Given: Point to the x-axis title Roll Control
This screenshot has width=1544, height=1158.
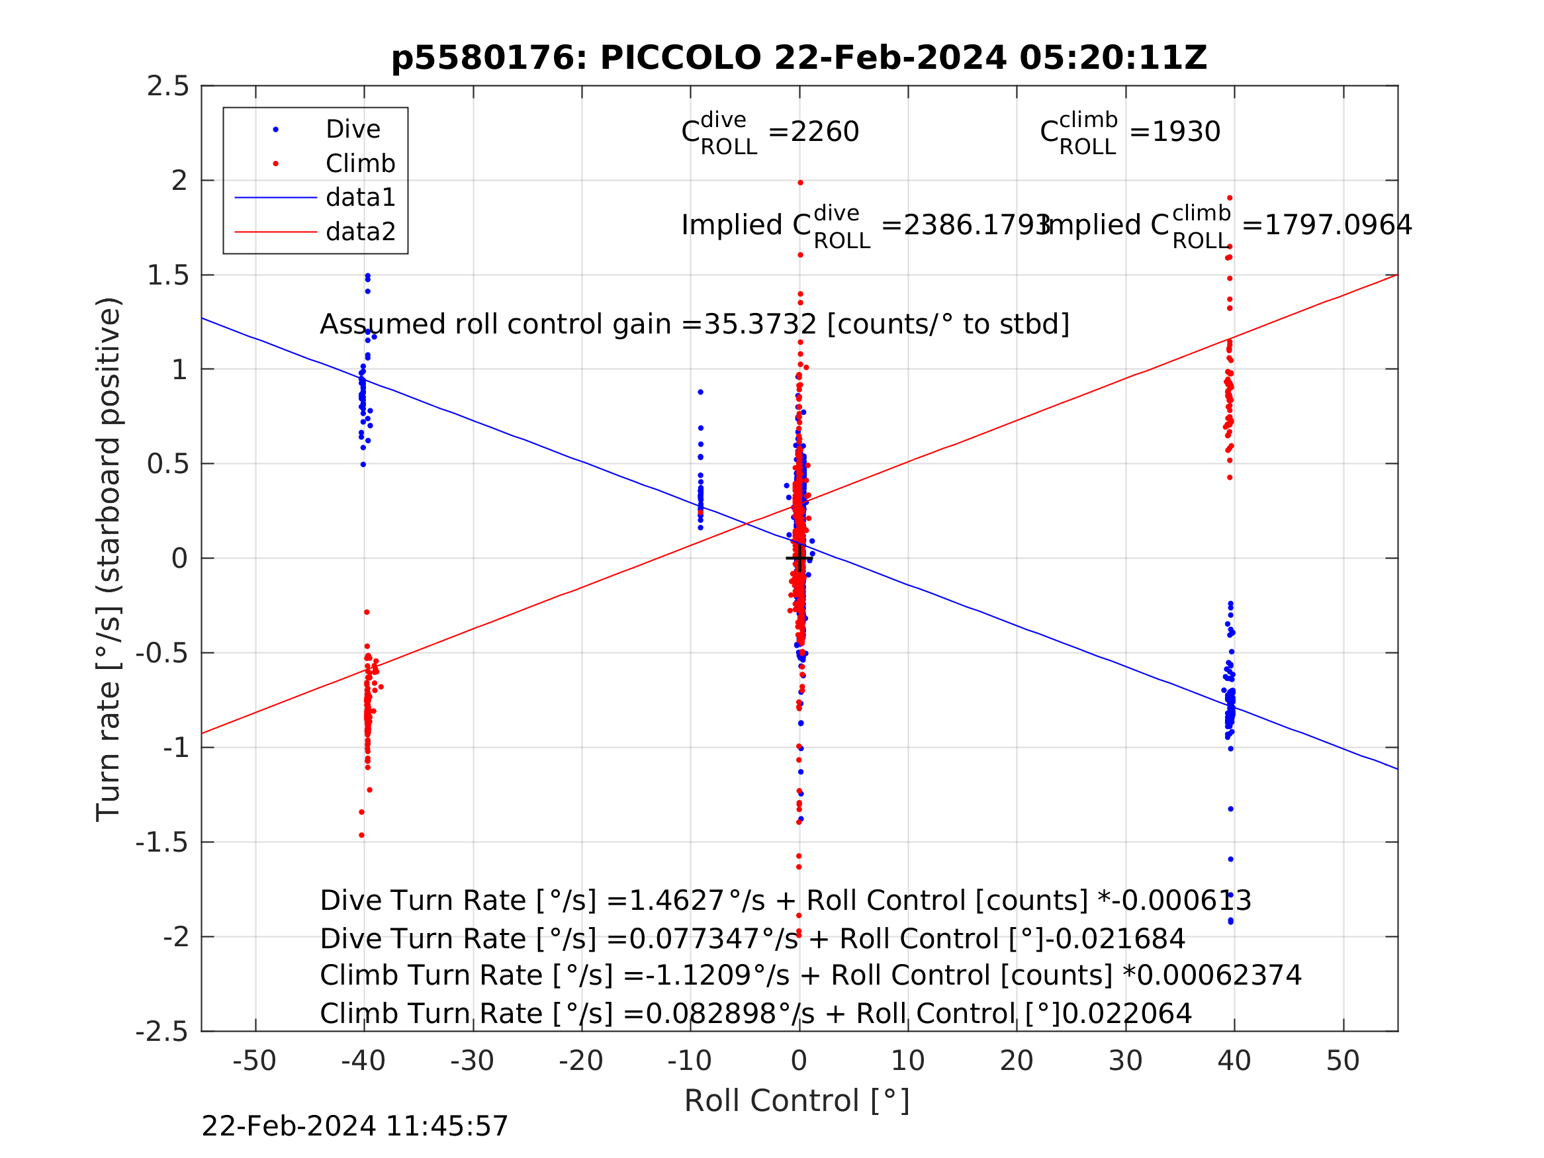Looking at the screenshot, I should tap(796, 1101).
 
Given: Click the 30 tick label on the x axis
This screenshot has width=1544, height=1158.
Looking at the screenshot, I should tap(1125, 1061).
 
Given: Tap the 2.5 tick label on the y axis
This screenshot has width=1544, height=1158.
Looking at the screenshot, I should tap(167, 87).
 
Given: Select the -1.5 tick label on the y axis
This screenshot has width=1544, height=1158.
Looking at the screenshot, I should tap(162, 842).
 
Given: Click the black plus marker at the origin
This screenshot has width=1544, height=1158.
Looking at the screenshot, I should tap(799, 558).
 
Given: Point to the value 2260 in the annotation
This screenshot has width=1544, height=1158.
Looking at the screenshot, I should tap(825, 131).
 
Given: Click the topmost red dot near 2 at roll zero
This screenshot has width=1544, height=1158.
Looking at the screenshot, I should tap(801, 183).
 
